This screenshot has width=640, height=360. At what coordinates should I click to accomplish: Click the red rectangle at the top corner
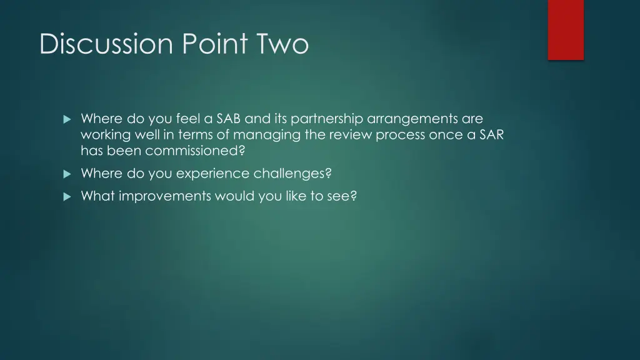click(x=566, y=29)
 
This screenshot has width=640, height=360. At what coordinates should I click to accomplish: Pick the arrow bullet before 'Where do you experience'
click(x=67, y=174)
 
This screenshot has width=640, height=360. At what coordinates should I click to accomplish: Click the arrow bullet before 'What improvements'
click(x=67, y=196)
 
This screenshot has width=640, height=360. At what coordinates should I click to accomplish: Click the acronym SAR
click(x=491, y=135)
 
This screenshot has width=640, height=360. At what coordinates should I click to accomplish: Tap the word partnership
click(x=327, y=119)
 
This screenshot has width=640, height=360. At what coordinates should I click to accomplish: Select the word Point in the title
click(x=208, y=44)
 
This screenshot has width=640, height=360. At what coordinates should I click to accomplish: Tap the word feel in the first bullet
click(x=183, y=119)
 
